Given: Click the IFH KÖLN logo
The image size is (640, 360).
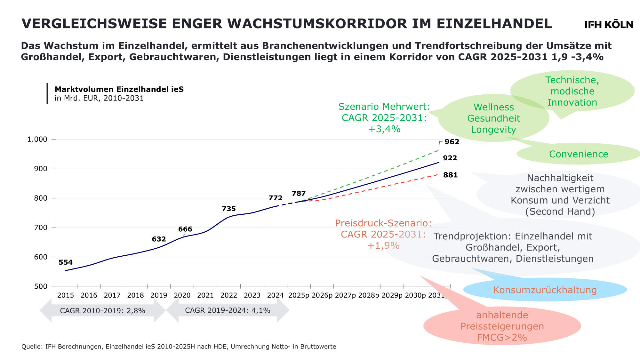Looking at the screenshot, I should click(x=609, y=25).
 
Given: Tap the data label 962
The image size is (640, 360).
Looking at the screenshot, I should click(x=452, y=142).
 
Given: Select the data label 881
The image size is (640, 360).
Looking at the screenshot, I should click(x=450, y=175).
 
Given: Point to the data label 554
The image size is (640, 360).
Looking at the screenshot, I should click(x=66, y=262).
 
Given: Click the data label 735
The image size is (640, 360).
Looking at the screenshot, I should click(x=229, y=209).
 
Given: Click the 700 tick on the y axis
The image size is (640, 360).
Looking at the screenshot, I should click(x=41, y=228).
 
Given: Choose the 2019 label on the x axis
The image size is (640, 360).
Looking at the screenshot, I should click(x=159, y=295).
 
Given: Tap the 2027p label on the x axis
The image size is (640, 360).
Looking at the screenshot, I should click(x=345, y=295).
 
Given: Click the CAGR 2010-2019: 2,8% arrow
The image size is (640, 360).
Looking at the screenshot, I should click(x=102, y=310).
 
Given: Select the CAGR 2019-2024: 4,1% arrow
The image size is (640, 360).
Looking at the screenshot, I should click(x=228, y=310).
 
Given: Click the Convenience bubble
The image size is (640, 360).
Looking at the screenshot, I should click(x=579, y=154).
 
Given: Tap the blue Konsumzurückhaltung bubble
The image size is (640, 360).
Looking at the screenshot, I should click(x=545, y=290).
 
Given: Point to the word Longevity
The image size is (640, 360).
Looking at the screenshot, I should click(x=493, y=130).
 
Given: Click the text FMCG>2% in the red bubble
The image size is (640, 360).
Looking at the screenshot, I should click(x=502, y=337).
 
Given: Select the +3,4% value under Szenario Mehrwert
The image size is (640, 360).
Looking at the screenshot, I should click(x=384, y=129).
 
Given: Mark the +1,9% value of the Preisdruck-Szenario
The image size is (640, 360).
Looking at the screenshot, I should click(x=383, y=245).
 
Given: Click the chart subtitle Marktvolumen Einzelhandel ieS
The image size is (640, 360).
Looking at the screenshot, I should click(x=119, y=89).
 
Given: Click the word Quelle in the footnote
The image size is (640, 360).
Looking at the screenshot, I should click(x=31, y=347).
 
